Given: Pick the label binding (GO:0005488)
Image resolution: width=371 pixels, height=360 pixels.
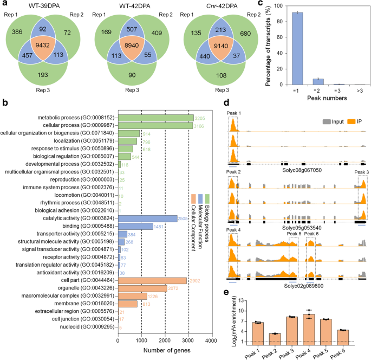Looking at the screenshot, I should point(83,226).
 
